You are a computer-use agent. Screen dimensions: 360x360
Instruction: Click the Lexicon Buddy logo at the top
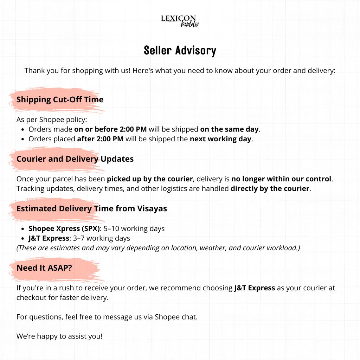180,21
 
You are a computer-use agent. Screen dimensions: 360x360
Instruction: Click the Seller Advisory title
180,51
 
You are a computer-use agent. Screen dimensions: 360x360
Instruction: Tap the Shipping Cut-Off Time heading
60,99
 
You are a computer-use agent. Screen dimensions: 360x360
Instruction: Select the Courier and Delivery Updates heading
75,159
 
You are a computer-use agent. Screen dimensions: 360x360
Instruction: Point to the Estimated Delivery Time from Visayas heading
91,208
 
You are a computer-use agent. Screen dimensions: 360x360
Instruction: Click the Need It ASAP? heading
44,268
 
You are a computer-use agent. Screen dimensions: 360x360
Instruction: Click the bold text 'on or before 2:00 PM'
110,129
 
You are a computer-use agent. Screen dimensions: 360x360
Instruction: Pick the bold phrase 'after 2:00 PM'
100,139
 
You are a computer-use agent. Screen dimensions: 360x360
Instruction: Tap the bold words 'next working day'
220,139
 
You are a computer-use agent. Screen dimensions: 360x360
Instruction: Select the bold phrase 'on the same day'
229,129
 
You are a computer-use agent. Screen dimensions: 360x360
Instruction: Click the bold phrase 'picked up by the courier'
150,179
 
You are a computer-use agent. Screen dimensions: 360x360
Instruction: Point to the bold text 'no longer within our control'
281,179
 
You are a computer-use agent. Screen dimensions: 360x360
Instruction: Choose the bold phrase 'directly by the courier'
270,188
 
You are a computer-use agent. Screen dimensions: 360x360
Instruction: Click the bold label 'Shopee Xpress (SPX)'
64,229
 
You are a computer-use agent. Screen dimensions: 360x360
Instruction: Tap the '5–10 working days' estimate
134,229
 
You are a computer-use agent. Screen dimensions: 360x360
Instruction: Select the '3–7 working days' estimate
100,238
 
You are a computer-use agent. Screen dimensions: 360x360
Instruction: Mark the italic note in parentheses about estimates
158,248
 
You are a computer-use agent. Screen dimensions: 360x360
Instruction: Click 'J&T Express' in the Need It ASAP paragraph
255,288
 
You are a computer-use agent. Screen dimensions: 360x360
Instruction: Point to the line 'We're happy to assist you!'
59,336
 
